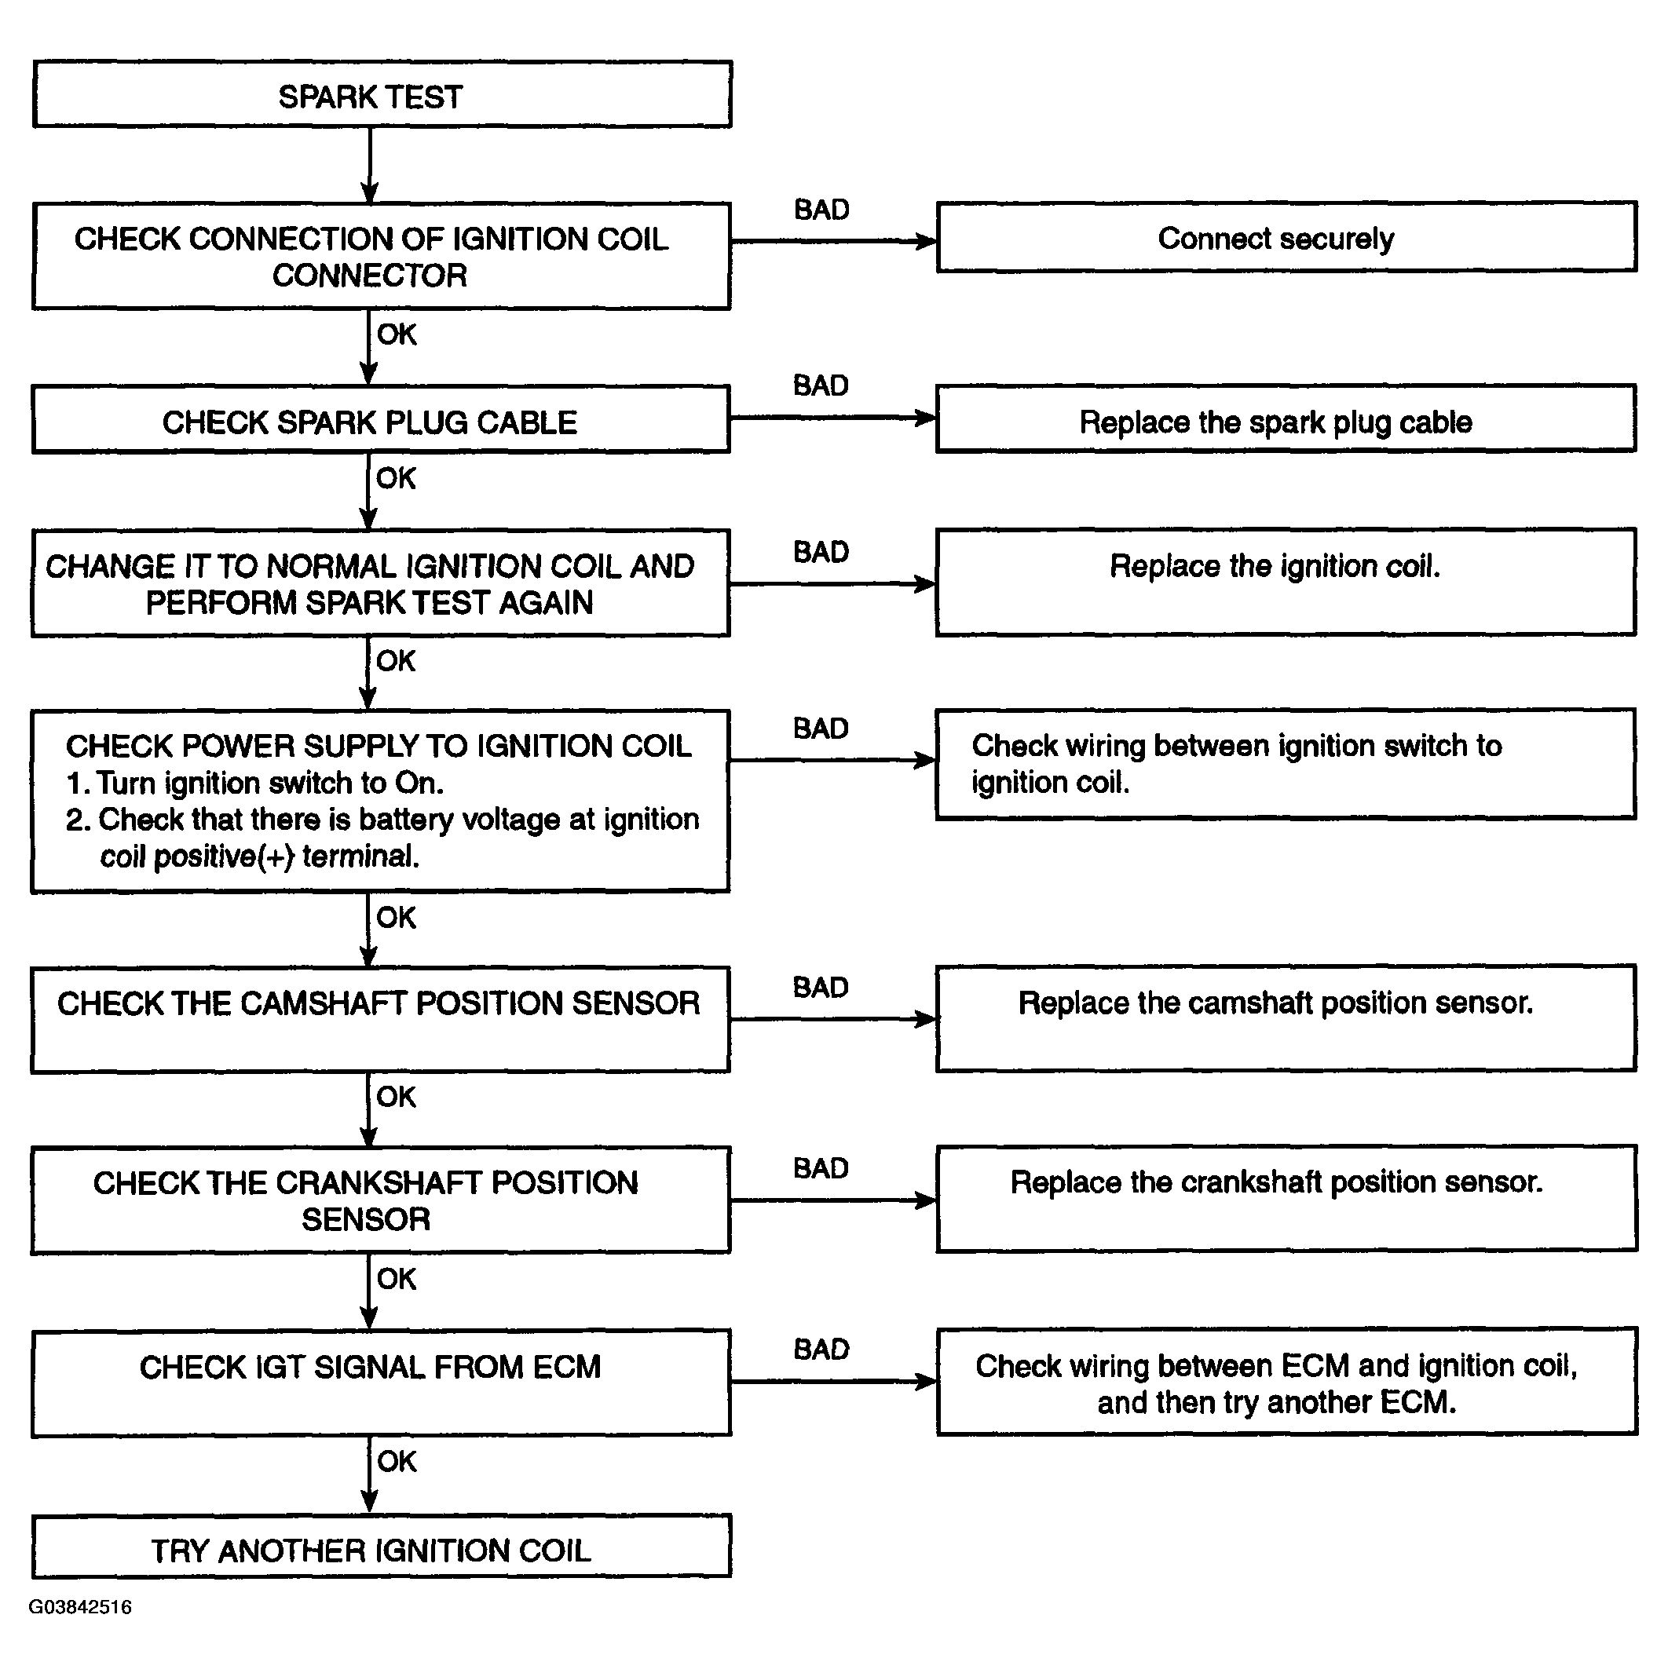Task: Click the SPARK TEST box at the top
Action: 382,94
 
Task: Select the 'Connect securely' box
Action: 1286,237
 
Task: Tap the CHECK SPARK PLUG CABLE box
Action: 381,420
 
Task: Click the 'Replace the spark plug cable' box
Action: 1286,419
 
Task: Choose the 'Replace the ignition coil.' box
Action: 1286,583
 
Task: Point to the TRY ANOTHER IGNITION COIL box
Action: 381,1547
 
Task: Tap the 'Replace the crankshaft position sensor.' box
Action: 1286,1200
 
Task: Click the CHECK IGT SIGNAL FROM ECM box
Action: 381,1383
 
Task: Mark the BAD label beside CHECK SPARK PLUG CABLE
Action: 821,385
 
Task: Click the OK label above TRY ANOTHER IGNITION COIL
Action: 397,1462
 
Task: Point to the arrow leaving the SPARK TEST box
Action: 370,166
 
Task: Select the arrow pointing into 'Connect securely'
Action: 833,242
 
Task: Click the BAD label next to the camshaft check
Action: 821,987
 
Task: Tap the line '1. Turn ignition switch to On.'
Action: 254,783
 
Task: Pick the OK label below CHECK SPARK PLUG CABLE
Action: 396,478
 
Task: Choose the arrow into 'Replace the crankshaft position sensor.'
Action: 834,1201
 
